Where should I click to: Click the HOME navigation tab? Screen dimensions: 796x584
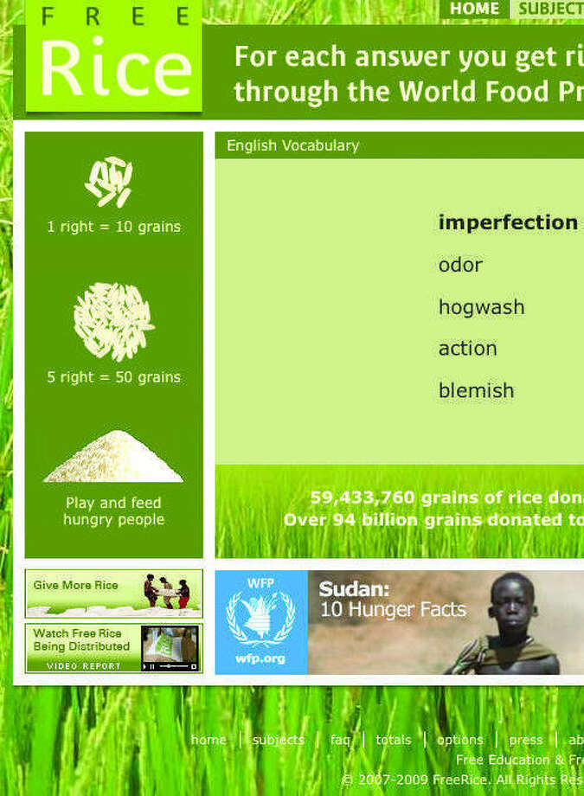pos(474,9)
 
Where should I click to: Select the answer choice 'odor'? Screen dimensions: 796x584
pos(460,265)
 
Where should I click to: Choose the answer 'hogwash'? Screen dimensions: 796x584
pos(481,307)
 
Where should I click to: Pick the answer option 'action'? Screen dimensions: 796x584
pos(467,349)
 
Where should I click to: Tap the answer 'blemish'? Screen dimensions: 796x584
pos(476,391)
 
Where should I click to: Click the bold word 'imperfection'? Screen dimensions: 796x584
pos(508,222)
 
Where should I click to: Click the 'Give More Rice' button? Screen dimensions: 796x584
pos(113,593)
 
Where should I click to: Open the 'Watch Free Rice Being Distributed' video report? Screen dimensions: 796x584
pos(113,648)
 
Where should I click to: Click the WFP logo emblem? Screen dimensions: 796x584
pos(260,618)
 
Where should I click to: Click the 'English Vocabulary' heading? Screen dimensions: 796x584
pos(292,145)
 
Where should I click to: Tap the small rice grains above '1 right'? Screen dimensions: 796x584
pos(110,181)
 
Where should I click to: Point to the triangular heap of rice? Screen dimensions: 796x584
pos(113,459)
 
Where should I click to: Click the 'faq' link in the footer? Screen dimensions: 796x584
pos(340,740)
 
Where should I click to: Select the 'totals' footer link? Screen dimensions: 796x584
pos(394,740)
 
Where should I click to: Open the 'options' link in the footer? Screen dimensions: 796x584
pos(459,740)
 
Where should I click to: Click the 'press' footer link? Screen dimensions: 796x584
pos(525,740)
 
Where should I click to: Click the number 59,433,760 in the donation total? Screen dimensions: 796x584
pos(362,497)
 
